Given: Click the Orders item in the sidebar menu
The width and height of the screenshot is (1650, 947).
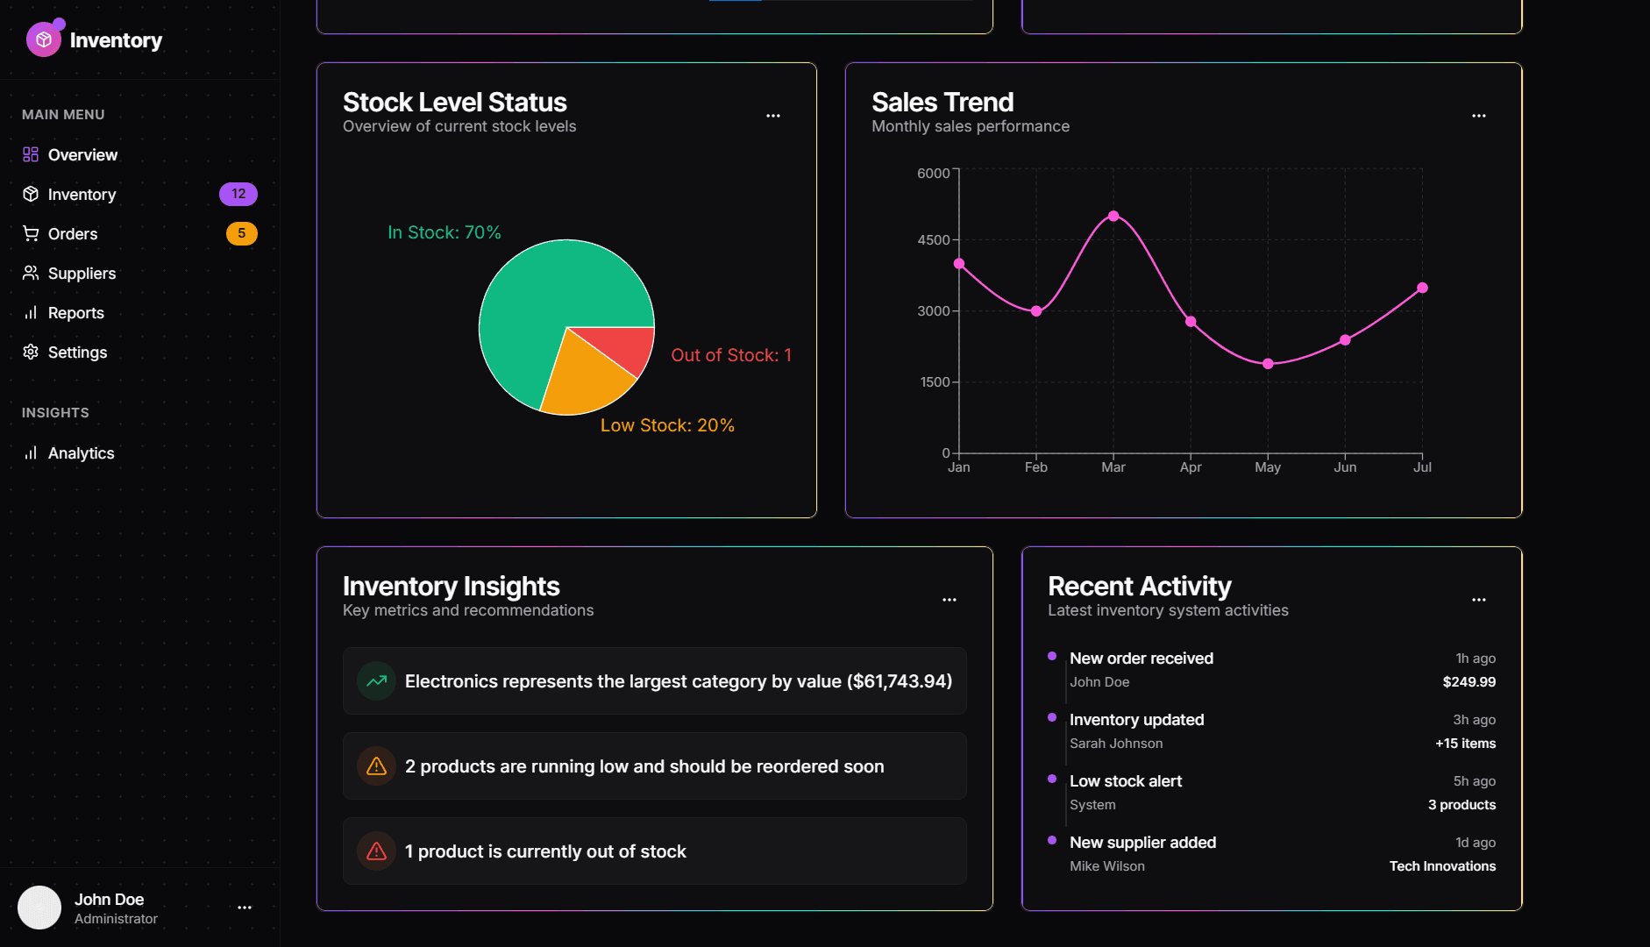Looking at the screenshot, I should [x=73, y=234].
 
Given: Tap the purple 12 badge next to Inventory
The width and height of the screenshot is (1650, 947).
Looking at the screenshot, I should [x=238, y=194].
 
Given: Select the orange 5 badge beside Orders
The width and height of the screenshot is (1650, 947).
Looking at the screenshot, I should [x=241, y=233].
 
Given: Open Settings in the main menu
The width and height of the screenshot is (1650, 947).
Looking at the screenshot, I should [x=77, y=352].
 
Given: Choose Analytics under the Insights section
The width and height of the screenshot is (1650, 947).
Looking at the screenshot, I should [x=81, y=453].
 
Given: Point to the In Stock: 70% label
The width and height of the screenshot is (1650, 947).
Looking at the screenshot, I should [x=445, y=232].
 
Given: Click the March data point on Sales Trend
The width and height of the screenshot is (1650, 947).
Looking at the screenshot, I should [x=1113, y=216].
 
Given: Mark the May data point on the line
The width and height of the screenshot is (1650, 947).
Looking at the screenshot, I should [x=1268, y=364].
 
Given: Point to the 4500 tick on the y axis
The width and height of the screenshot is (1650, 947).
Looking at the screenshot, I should [x=934, y=240].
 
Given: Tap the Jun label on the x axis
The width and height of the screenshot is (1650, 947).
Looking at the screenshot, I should [x=1345, y=467].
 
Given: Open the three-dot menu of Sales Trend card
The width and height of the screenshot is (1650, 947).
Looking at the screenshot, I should [x=1479, y=116].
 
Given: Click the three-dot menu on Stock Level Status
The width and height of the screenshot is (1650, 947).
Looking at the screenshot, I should [x=773, y=116].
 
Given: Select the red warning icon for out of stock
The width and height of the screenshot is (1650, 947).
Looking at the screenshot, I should [x=376, y=851].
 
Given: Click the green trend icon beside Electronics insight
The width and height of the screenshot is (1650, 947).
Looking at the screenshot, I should [x=376, y=681].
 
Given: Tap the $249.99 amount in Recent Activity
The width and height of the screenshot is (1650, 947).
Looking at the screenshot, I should [x=1469, y=682].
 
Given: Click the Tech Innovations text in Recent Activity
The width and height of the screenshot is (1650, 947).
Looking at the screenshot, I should [x=1442, y=866].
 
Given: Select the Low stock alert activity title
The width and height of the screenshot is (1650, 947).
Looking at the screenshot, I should [x=1126, y=781].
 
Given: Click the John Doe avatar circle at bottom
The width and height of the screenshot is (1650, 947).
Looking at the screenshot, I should [x=39, y=908].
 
